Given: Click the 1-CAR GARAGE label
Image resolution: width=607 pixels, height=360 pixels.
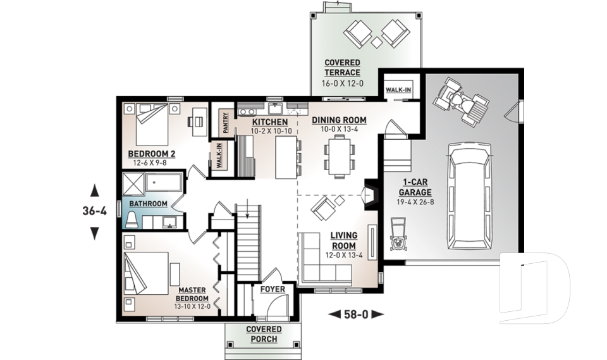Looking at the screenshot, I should [415, 188].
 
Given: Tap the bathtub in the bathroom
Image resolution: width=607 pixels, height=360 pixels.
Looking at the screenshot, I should [164, 184].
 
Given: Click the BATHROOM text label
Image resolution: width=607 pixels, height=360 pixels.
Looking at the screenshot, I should [148, 204].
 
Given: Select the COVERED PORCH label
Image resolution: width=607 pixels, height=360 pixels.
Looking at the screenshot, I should [264, 334].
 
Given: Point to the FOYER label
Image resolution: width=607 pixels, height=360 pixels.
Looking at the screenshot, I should [273, 290].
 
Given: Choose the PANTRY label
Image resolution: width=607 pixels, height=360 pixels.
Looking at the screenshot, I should [224, 121].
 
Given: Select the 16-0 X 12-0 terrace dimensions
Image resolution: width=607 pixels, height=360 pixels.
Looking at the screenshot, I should [342, 82].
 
